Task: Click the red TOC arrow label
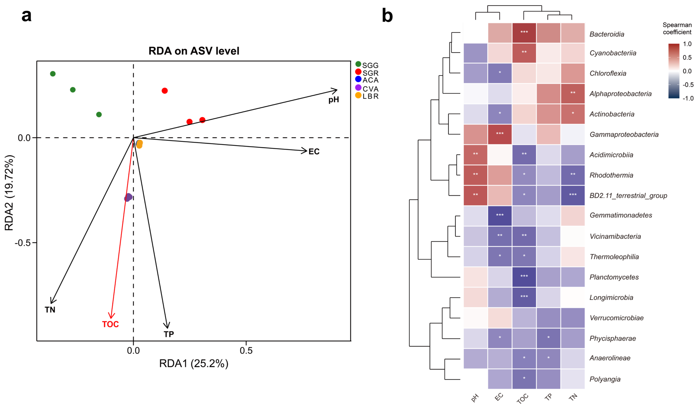[110, 324]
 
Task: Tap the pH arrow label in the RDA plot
[334, 100]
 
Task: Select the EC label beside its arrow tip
[314, 151]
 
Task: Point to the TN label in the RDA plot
[50, 310]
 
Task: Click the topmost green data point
[53, 74]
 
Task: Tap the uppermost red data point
[165, 91]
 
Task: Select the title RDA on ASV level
[194, 51]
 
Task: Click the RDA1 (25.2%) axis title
[194, 363]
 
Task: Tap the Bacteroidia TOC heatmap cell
[524, 33]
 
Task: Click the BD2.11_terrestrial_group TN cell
[573, 195]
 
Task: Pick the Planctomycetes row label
[614, 277]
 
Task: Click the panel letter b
[387, 16]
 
